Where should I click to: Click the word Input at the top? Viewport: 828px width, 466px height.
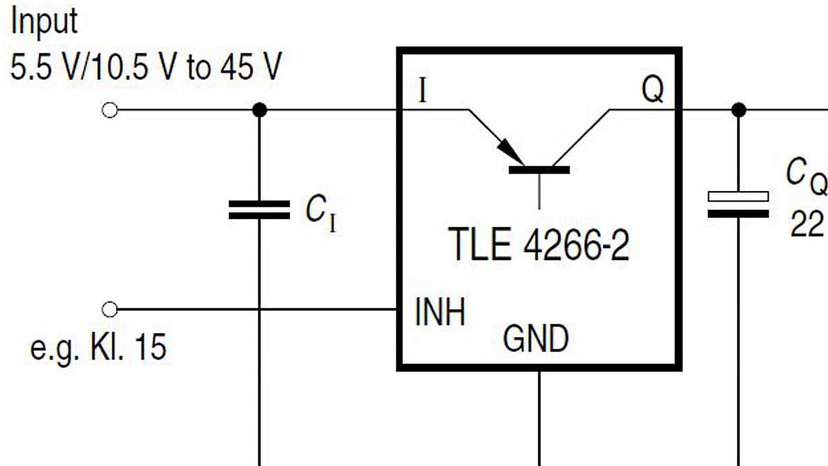pyautogui.click(x=45, y=22)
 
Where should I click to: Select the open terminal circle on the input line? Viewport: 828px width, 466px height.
pyautogui.click(x=109, y=110)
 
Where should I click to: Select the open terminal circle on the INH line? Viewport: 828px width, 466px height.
pyautogui.click(x=109, y=309)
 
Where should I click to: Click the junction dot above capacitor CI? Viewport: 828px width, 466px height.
pyautogui.click(x=259, y=110)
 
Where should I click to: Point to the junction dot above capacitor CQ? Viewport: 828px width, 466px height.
pyautogui.click(x=739, y=110)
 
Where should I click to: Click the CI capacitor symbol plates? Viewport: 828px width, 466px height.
pyautogui.click(x=259, y=209)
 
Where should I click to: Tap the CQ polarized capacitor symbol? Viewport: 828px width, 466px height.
pyautogui.click(x=739, y=204)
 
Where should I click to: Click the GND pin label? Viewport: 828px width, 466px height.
pyautogui.click(x=536, y=339)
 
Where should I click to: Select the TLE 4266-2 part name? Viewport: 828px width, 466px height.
pyautogui.click(x=539, y=246)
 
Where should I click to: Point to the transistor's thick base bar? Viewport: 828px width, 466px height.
pyautogui.click(x=539, y=169)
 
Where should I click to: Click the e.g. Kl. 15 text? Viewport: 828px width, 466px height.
pyautogui.click(x=98, y=348)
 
